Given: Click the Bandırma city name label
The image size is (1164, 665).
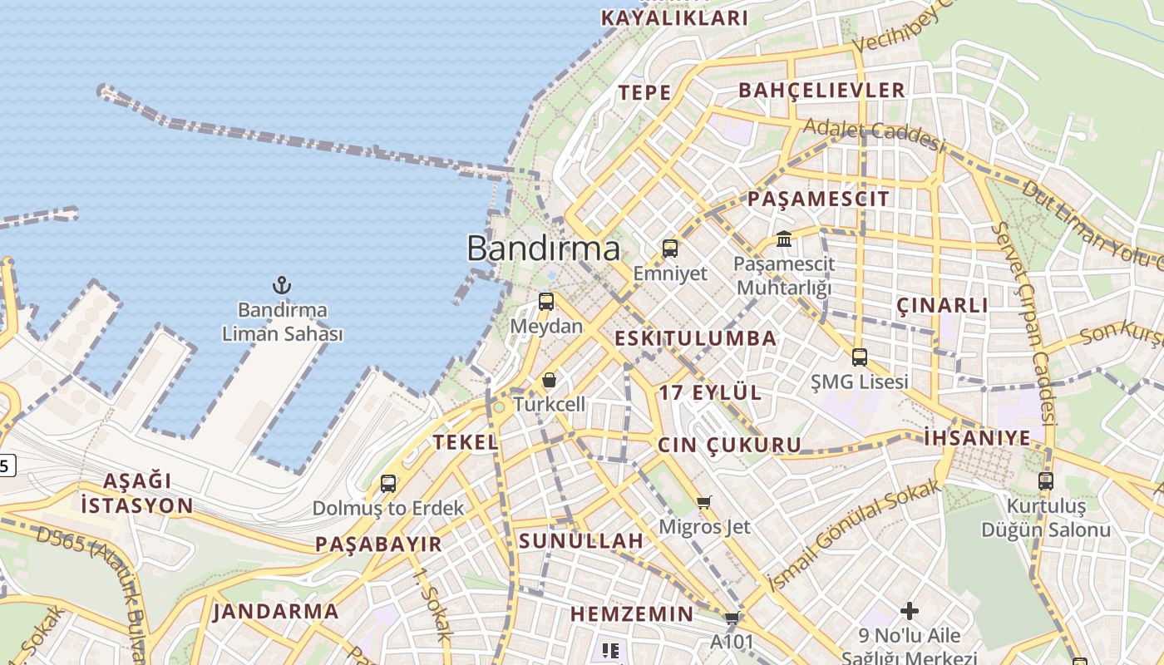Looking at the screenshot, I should (543, 249).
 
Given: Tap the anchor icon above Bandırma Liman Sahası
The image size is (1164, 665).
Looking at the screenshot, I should (282, 286).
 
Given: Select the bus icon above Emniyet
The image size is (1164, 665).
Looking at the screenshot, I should (669, 249).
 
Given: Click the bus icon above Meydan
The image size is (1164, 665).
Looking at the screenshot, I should (546, 302).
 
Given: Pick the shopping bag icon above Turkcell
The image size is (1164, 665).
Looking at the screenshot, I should (549, 380).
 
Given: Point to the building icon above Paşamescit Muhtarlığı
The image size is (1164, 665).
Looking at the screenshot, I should (784, 239).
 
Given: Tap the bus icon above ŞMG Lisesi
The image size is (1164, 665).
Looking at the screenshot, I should (859, 357).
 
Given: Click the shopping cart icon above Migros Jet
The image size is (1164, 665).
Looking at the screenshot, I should (704, 501).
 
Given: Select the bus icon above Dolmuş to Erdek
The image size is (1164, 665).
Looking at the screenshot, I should (388, 483).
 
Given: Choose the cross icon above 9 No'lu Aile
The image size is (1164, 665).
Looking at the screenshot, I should (910, 611).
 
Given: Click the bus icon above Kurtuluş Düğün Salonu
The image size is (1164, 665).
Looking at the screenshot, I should (1046, 480).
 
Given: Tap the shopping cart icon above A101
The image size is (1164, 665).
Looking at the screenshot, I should (732, 618).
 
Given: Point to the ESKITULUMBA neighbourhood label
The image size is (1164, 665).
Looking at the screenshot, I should (696, 338).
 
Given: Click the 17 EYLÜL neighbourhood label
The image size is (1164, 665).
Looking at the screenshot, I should (710, 393).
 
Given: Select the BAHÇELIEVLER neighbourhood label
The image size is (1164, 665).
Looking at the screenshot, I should (821, 91).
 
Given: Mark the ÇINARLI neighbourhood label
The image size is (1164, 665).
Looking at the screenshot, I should (943, 305).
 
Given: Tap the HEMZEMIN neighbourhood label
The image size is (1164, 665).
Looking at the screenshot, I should (631, 614).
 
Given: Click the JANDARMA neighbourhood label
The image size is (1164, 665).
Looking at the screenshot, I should (276, 613).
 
